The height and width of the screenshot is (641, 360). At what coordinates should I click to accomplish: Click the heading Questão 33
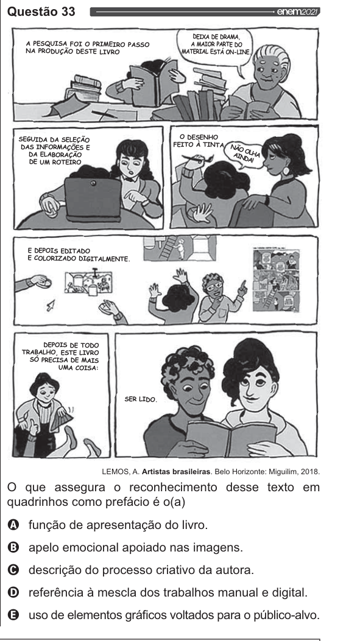click(x=41, y=12)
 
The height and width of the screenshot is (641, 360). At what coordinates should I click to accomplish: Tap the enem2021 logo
click(x=298, y=12)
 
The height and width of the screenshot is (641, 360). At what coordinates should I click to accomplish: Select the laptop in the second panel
click(x=93, y=198)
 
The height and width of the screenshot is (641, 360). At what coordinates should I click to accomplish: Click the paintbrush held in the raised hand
click(x=194, y=158)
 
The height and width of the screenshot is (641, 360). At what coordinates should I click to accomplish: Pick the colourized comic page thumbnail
click(x=276, y=280)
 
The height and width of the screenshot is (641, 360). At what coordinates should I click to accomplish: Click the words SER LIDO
click(x=141, y=399)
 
